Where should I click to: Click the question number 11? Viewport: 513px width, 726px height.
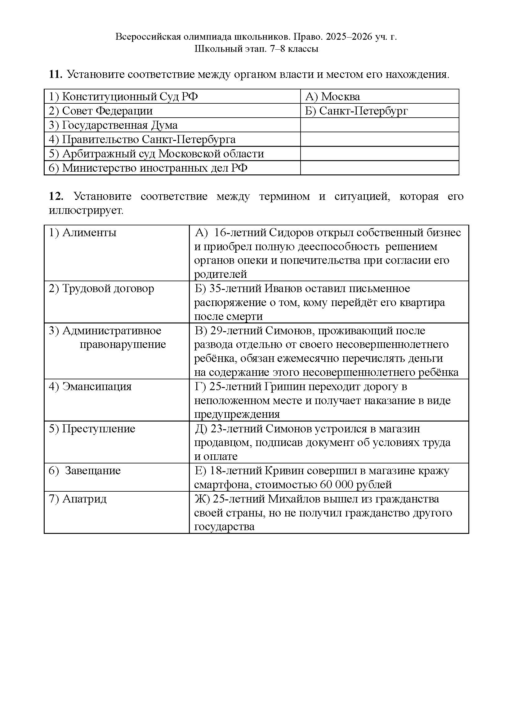point(55,74)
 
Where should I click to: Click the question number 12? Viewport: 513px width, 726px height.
point(56,196)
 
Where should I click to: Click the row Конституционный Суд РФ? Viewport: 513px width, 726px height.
point(123,97)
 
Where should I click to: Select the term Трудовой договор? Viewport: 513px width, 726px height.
point(108,288)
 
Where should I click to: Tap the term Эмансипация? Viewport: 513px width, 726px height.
point(97,386)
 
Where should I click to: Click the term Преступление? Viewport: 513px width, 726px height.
point(99,429)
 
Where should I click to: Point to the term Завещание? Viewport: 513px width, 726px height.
point(92,471)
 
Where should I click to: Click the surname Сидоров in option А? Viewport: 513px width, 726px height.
point(291,232)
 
